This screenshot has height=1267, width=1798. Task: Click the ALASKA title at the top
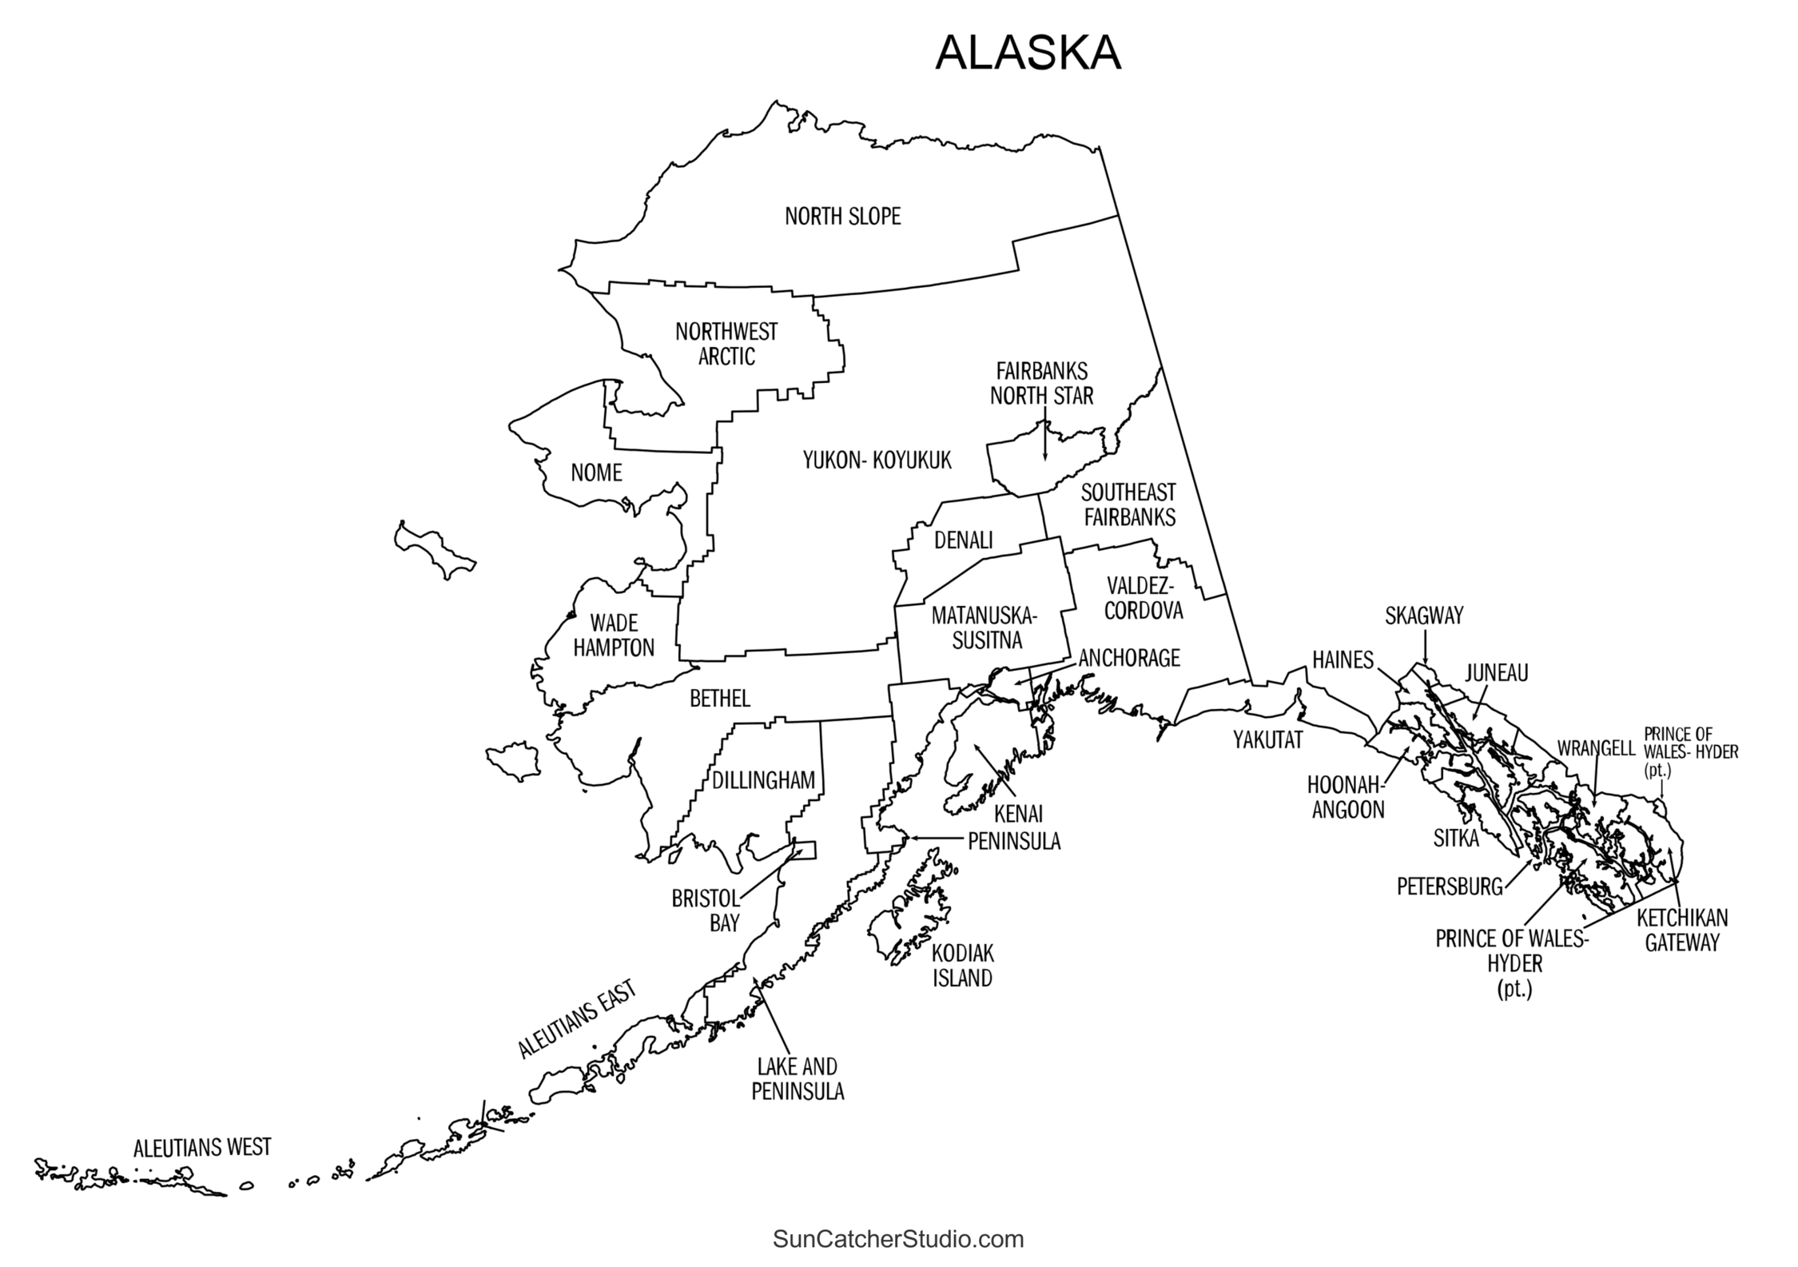1028,54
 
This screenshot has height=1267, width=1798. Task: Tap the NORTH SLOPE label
842,217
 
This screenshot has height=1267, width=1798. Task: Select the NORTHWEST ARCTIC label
726,344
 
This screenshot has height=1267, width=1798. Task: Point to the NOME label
596,473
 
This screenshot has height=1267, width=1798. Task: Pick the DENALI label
963,541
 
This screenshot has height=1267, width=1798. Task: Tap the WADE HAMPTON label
614,635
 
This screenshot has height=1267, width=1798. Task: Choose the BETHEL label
720,699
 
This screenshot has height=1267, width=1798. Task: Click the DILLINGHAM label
763,781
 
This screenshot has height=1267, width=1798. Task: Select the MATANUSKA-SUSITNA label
984,628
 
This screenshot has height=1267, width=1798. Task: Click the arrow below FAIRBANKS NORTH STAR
1044,440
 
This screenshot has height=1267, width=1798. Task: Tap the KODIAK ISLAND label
962,966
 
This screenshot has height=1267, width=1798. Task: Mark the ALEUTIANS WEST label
202,1149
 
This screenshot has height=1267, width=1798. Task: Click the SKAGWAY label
1423,616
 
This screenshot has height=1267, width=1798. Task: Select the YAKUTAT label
1267,740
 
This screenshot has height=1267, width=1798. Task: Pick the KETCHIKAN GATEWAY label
1681,930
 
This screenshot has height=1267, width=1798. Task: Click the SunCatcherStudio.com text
898,1240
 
